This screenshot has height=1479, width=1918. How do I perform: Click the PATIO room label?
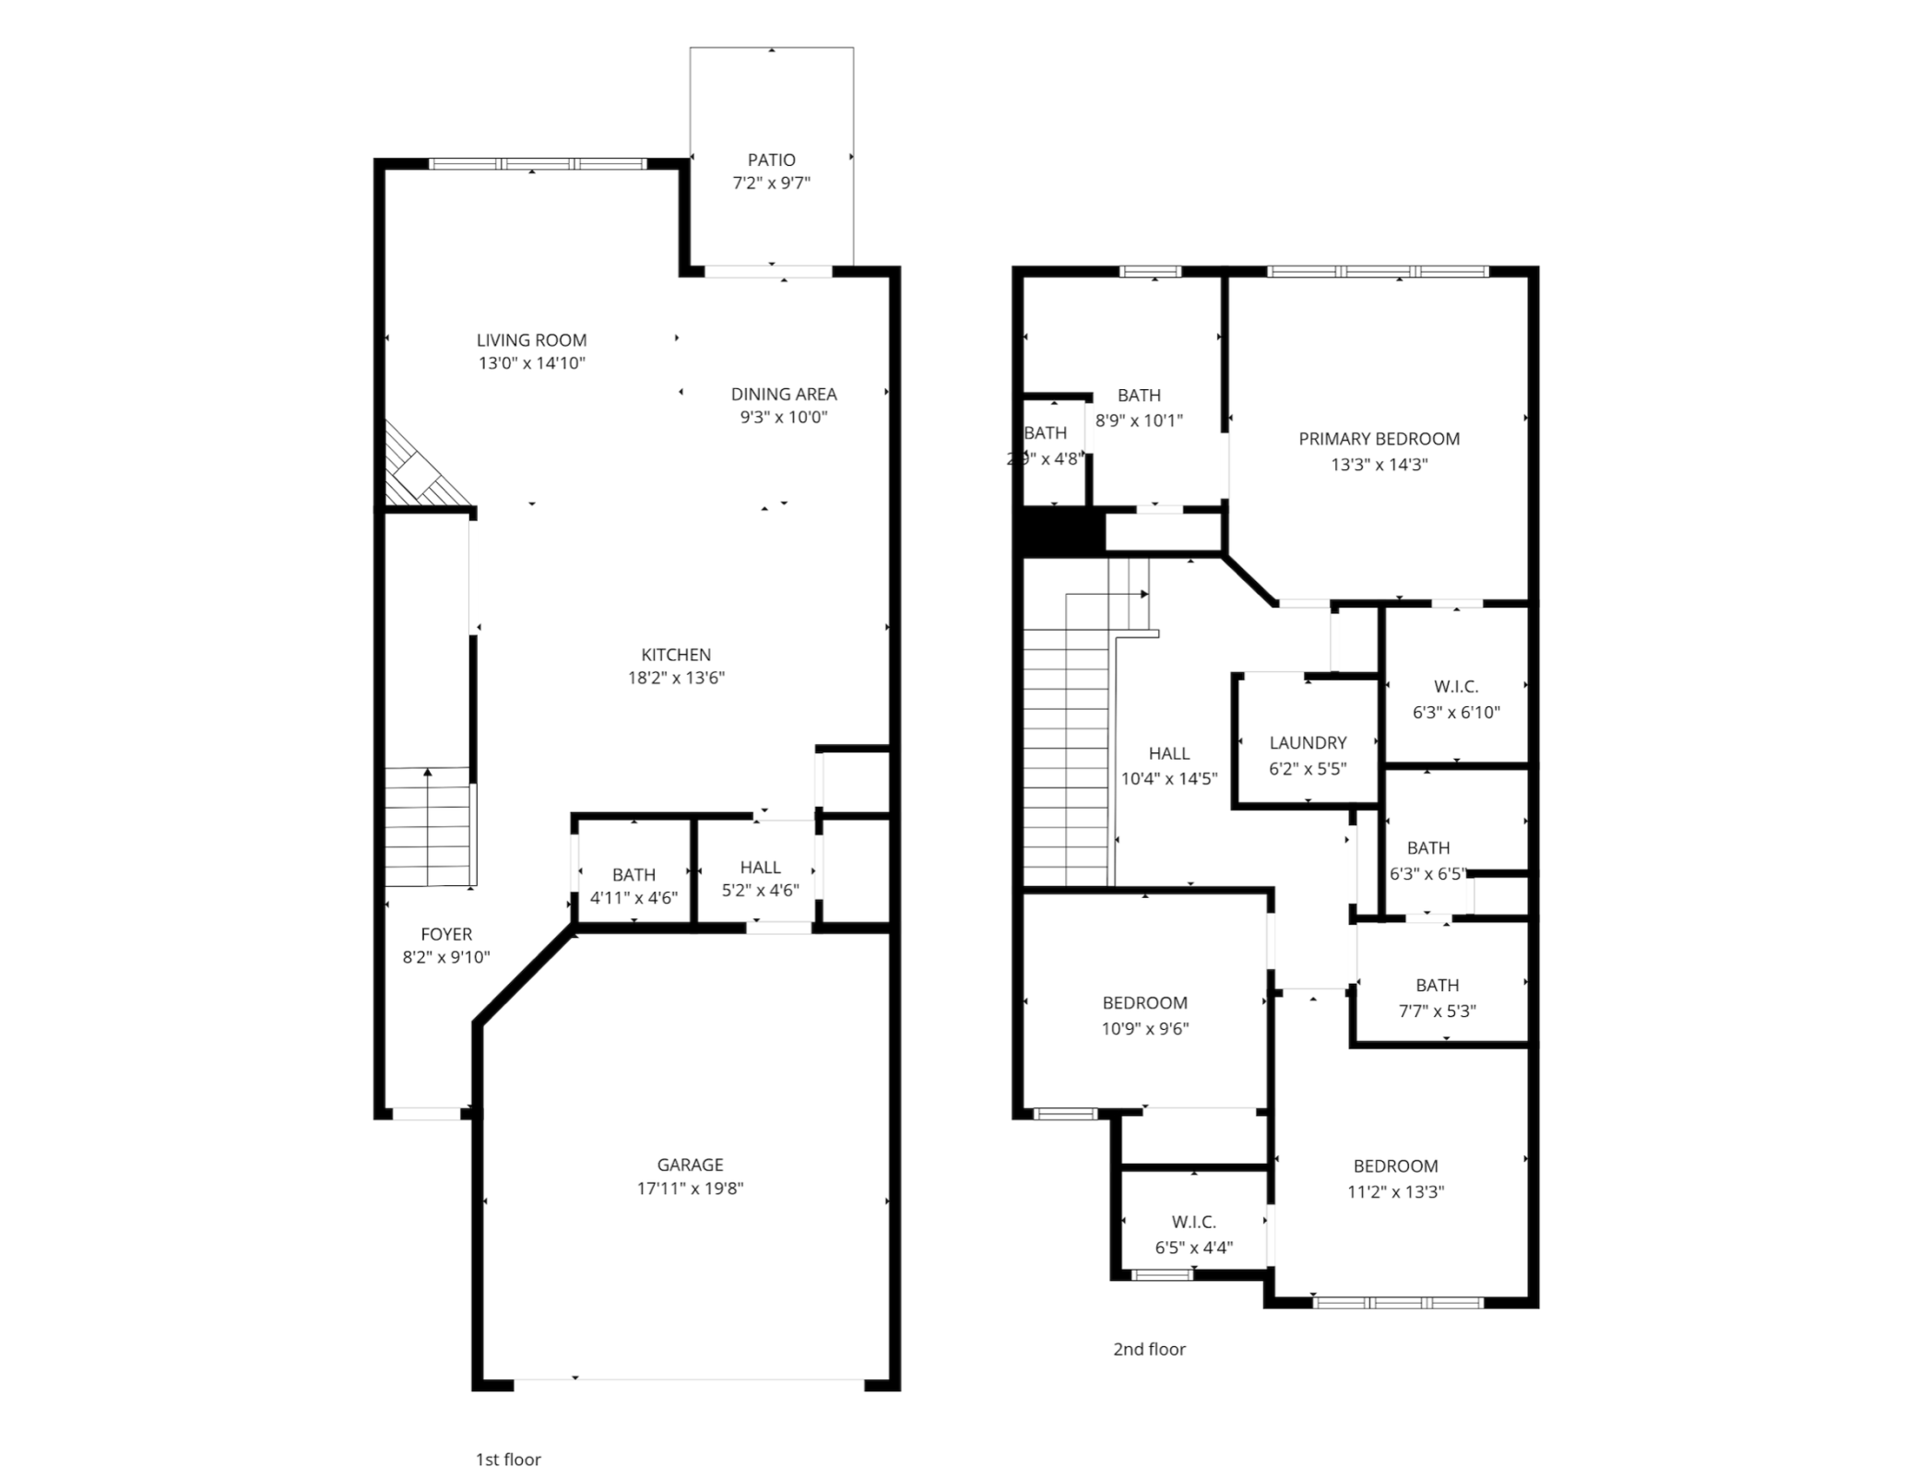[771, 160]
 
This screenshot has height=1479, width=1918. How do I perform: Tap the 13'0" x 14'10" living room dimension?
[531, 363]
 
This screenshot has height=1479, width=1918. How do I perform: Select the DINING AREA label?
[784, 394]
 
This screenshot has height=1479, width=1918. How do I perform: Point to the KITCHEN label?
[676, 655]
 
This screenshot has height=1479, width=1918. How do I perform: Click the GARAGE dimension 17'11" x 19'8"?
[690, 1189]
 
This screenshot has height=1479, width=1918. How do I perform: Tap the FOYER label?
[446, 934]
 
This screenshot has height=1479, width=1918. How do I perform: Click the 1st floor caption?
[508, 1460]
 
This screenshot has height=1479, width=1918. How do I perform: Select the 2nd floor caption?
[1149, 1349]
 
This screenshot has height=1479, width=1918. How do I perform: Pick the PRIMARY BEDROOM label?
[1379, 439]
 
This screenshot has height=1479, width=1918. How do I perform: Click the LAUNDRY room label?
[1308, 742]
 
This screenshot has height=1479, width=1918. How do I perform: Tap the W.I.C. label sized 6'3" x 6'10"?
[1456, 687]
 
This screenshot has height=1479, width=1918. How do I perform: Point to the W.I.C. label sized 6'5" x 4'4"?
[1193, 1222]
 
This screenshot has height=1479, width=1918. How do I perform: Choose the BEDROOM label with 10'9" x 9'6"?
[1144, 1002]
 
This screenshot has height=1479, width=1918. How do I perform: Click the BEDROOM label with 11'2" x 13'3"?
[1395, 1165]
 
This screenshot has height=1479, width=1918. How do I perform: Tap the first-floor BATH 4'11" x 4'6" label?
[633, 874]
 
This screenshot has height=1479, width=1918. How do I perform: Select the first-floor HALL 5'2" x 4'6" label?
[760, 867]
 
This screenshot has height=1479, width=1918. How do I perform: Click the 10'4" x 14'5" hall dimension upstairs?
[1168, 778]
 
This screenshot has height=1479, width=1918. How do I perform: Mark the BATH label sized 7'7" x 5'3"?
[1437, 985]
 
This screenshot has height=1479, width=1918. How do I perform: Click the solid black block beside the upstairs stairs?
[1062, 533]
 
